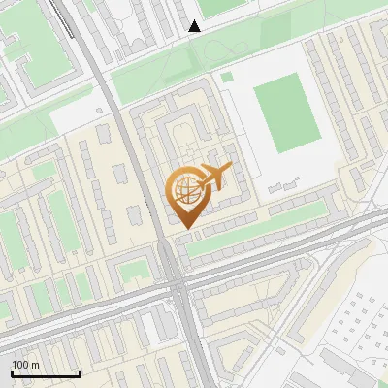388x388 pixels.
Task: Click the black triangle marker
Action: coord(195,26)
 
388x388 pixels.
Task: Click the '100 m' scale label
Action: coord(26,364)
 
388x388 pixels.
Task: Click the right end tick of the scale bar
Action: coord(80,372)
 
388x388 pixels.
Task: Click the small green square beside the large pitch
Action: coord(227,77)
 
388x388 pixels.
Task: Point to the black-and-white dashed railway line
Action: coord(78,29)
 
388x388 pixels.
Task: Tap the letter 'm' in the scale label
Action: coord(35,364)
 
